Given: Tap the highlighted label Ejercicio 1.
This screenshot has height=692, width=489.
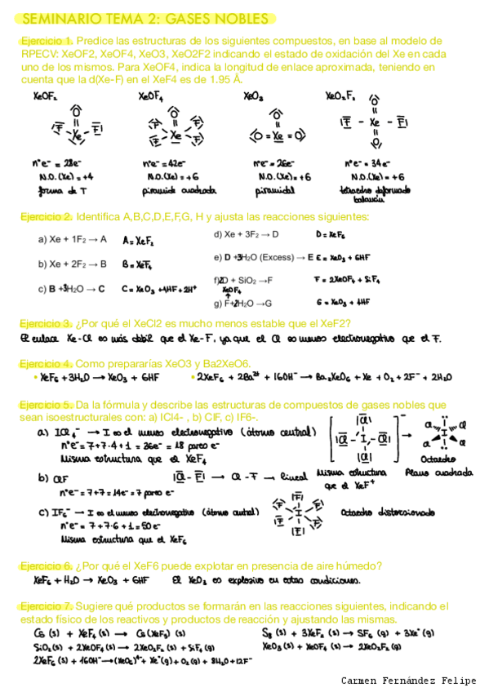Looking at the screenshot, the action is tap(46, 41).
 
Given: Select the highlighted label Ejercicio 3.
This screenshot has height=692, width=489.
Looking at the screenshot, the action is tap(46, 323).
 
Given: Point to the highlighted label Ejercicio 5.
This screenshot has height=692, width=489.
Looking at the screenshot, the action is tap(46, 405).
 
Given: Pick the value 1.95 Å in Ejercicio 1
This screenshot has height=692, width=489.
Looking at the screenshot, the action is tap(224, 80).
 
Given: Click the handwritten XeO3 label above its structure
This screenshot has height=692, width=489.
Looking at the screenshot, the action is tap(253, 96).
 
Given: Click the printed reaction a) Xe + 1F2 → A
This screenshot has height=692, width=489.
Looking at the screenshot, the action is tap(73, 239).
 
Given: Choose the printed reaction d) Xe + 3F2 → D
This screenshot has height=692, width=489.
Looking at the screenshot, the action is tap(246, 234).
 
